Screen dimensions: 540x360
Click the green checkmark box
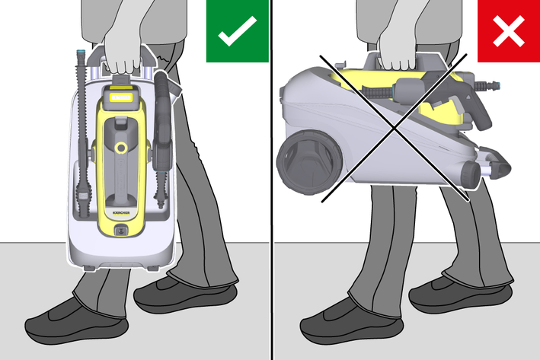(238, 31)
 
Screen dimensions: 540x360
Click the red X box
(509, 31)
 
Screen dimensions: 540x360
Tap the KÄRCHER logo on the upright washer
(121, 213)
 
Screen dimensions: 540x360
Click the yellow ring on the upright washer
(121, 148)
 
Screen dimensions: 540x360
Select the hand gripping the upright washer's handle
(123, 52)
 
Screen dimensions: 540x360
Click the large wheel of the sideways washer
(309, 162)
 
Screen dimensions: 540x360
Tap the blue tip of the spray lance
(81, 54)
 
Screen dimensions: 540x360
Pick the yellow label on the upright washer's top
(121, 97)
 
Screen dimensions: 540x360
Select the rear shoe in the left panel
(185, 295)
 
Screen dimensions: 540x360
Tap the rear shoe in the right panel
(461, 295)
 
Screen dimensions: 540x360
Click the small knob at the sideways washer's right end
(471, 174)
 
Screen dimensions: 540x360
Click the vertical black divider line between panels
(271, 180)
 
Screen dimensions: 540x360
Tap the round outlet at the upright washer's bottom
(120, 231)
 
